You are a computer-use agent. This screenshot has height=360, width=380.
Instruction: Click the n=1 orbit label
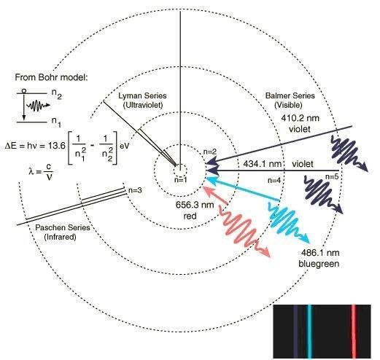181,180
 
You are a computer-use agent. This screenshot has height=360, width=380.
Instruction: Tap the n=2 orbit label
210,152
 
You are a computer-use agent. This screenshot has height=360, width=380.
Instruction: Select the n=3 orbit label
135,190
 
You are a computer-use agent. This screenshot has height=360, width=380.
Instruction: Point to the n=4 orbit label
274,180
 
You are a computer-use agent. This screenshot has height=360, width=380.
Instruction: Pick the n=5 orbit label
332,176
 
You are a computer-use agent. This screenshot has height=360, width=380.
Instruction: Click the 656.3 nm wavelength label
195,205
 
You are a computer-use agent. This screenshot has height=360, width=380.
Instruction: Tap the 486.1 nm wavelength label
320,253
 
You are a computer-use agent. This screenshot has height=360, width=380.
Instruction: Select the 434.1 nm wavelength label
263,164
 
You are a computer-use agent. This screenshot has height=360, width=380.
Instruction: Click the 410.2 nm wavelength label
300,118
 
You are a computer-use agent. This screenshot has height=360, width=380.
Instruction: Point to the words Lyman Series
142,95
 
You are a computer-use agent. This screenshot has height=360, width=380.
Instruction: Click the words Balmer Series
290,95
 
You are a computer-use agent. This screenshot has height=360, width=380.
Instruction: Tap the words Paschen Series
63,227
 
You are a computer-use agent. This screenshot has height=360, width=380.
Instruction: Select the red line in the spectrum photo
354,332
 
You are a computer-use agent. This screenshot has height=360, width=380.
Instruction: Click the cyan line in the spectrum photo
309,332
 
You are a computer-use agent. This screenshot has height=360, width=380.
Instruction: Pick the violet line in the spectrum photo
295,332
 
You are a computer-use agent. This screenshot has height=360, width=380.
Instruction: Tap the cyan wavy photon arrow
287,222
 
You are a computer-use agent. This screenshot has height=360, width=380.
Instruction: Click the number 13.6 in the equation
56,146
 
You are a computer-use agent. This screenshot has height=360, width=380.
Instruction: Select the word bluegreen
319,264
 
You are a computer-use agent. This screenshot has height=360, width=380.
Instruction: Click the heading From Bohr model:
51,77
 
